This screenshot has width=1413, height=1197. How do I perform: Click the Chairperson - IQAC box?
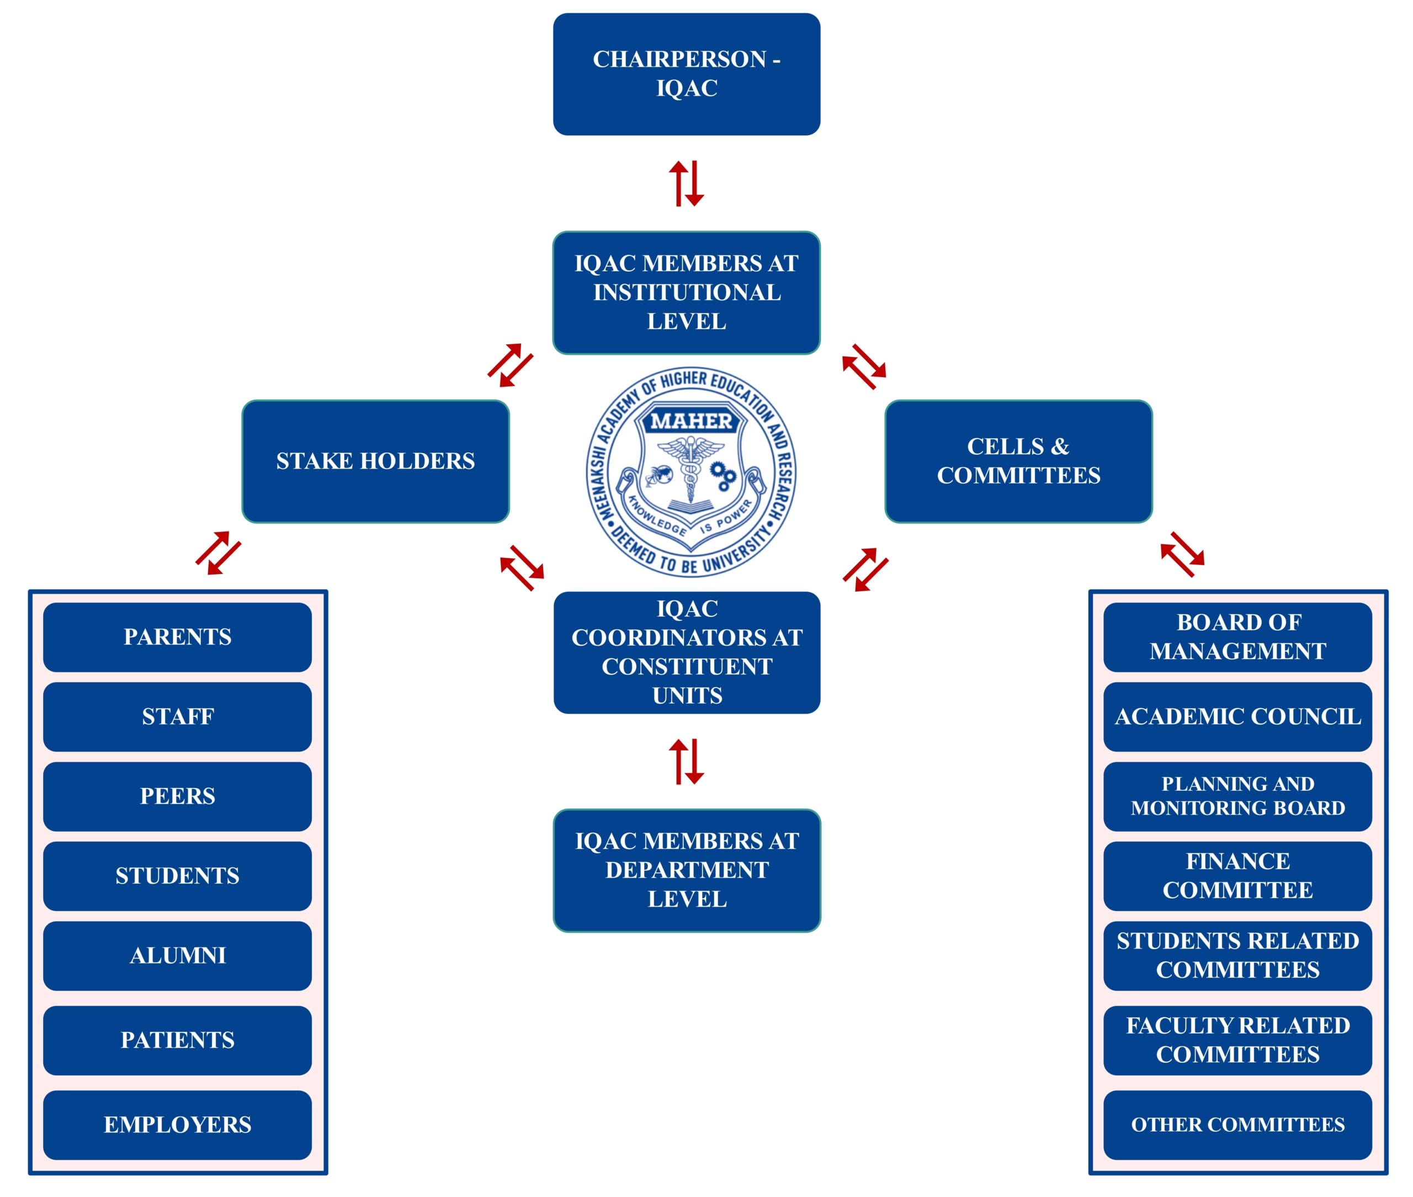(686, 74)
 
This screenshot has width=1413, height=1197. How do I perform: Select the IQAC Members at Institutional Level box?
(686, 292)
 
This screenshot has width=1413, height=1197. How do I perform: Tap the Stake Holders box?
(375, 461)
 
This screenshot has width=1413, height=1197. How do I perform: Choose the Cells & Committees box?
(1018, 461)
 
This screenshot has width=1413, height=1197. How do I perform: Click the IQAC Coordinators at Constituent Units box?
(686, 652)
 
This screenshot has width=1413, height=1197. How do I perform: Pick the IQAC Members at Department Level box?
(686, 870)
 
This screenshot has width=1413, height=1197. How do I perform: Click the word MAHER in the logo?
(691, 422)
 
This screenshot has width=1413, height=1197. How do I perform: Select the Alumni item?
(177, 955)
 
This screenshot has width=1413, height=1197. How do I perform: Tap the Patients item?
(177, 1040)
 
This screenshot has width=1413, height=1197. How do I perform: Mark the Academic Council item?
(1237, 716)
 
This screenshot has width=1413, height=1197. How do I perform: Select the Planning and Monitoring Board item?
(1237, 796)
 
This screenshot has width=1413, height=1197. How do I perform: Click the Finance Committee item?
(1237, 876)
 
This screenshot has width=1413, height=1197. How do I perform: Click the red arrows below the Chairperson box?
(686, 183)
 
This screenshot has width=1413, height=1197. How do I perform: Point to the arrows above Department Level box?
(686, 762)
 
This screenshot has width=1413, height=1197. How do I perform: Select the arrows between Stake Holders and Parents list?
(218, 553)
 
